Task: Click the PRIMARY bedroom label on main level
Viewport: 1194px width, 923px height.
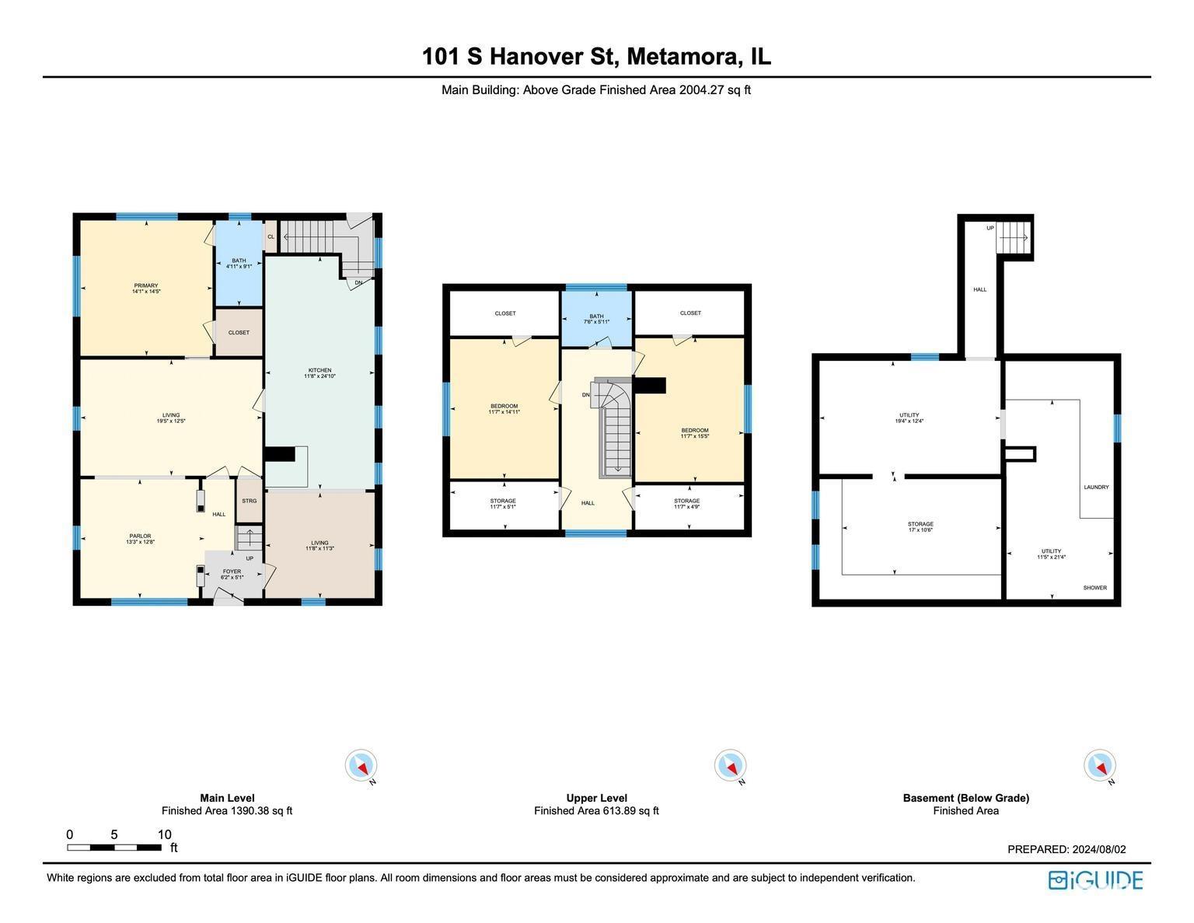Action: [x=145, y=288]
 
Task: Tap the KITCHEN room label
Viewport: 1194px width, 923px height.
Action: [x=318, y=373]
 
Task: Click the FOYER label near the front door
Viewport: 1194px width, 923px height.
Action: [x=232, y=574]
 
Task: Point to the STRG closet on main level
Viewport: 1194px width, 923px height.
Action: [x=249, y=502]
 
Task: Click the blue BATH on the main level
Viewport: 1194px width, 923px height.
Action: [x=239, y=264]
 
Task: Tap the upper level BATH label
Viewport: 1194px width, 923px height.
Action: [x=596, y=319]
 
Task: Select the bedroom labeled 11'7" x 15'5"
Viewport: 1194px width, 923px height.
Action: [x=694, y=433]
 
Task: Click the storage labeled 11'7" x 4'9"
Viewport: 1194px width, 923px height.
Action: [x=686, y=504]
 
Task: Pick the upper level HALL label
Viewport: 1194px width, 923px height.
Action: [x=588, y=503]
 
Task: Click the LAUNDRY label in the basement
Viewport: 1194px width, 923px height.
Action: [x=1096, y=488]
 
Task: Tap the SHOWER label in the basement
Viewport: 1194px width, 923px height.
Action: [x=1094, y=588]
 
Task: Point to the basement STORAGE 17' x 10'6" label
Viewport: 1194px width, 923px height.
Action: [x=920, y=526]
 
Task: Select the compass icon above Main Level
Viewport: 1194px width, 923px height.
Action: [x=361, y=766]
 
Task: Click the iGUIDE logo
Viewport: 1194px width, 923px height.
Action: [x=1096, y=880]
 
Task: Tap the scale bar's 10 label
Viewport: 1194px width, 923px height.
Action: [x=164, y=835]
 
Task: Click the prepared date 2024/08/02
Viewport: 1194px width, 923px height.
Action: [x=1098, y=850]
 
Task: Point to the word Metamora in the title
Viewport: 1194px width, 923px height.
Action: [x=683, y=57]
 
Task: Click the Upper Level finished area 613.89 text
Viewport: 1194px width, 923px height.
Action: [x=596, y=811]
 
